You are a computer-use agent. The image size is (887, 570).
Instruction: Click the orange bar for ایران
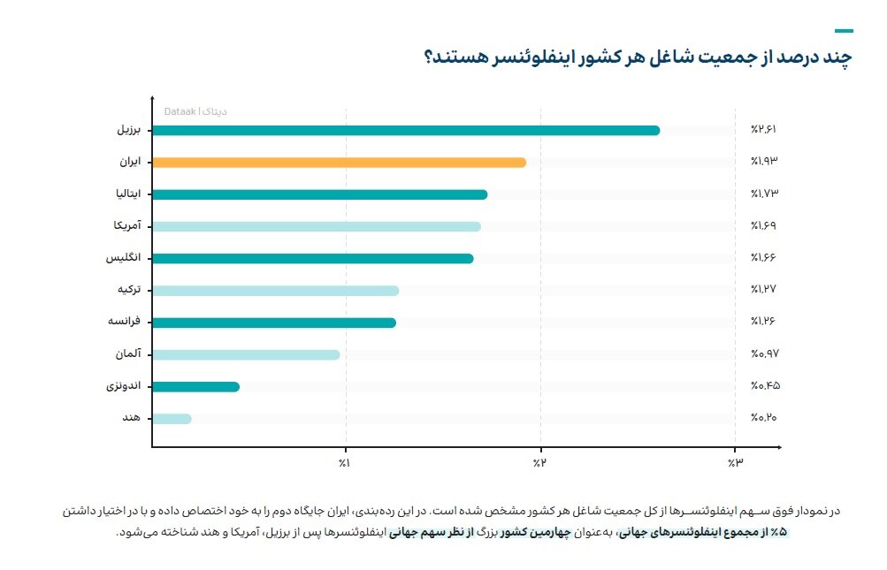point(338,163)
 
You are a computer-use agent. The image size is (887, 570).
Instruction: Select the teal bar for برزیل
point(405,131)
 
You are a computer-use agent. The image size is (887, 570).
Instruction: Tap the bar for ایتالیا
point(318,194)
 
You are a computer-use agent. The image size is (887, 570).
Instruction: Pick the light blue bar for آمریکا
point(316,226)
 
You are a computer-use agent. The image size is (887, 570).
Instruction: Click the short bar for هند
point(172,419)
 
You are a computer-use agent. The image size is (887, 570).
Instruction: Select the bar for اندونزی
point(195,386)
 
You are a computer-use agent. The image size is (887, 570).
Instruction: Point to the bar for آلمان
point(246,354)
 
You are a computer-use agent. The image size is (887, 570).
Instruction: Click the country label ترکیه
point(130,291)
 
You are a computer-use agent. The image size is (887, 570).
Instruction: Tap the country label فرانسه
point(126,323)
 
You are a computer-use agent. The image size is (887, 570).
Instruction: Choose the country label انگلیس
point(126,259)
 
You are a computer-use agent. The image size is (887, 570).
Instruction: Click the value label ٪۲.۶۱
point(763,130)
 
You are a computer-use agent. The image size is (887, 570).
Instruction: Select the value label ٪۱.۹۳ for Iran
point(763,162)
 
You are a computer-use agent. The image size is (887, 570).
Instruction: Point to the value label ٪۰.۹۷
point(763,353)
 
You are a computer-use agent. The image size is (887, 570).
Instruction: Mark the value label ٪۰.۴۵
point(763,385)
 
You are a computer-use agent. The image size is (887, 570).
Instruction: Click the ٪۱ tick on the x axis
point(346,462)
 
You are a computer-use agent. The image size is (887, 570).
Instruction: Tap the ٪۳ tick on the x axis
point(734,462)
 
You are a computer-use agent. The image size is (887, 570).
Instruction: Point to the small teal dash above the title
point(844,30)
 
